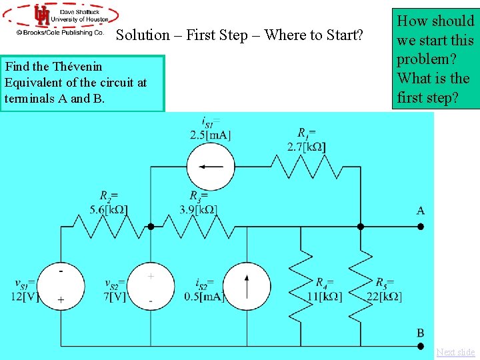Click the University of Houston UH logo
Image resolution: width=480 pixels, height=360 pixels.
click(41, 15)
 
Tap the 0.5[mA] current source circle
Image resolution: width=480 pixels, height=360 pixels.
click(247, 287)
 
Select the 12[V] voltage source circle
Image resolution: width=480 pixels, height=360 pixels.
click(61, 287)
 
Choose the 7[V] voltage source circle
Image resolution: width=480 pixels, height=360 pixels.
click(151, 287)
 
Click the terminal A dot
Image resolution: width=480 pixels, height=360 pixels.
click(421, 227)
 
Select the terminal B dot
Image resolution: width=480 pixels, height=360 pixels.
click(421, 347)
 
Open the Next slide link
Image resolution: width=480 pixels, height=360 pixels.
click(456, 352)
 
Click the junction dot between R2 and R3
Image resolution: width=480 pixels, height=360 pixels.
click(151, 227)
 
